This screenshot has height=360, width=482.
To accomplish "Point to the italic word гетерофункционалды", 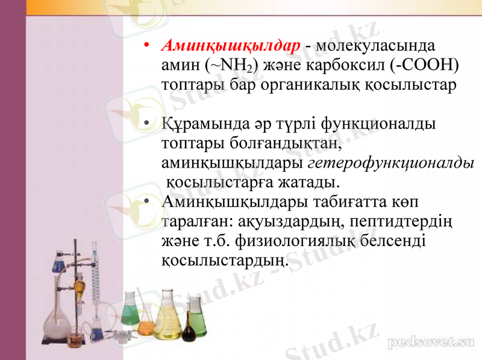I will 390,162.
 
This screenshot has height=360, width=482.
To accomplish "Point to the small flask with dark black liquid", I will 189,330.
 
